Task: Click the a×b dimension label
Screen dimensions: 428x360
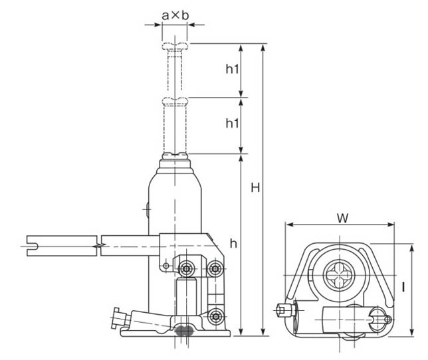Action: pos(175,15)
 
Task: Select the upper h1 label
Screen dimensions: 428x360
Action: pos(232,69)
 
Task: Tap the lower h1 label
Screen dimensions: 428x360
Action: pos(232,124)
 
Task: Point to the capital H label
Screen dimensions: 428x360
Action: pos(255,187)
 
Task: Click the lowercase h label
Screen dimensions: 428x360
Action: pos(233,244)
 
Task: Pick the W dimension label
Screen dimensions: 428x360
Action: pos(342,218)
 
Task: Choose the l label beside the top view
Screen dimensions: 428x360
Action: pos(403,287)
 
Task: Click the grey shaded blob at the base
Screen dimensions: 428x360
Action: pos(185,330)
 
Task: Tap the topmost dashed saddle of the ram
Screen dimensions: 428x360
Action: pos(175,46)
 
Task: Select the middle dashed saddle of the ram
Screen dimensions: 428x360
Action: pos(175,102)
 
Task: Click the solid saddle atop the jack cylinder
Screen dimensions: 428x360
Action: pos(175,155)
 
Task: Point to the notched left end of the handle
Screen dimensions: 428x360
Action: pos(32,246)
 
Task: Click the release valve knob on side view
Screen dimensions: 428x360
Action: pos(119,318)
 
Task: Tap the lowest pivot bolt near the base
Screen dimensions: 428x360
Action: pos(216,317)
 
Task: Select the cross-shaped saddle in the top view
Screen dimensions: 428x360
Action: pos(340,275)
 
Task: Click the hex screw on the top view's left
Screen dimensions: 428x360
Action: pos(284,310)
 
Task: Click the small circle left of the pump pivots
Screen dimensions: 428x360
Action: pos(165,266)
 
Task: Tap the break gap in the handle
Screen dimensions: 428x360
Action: pos(99,246)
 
